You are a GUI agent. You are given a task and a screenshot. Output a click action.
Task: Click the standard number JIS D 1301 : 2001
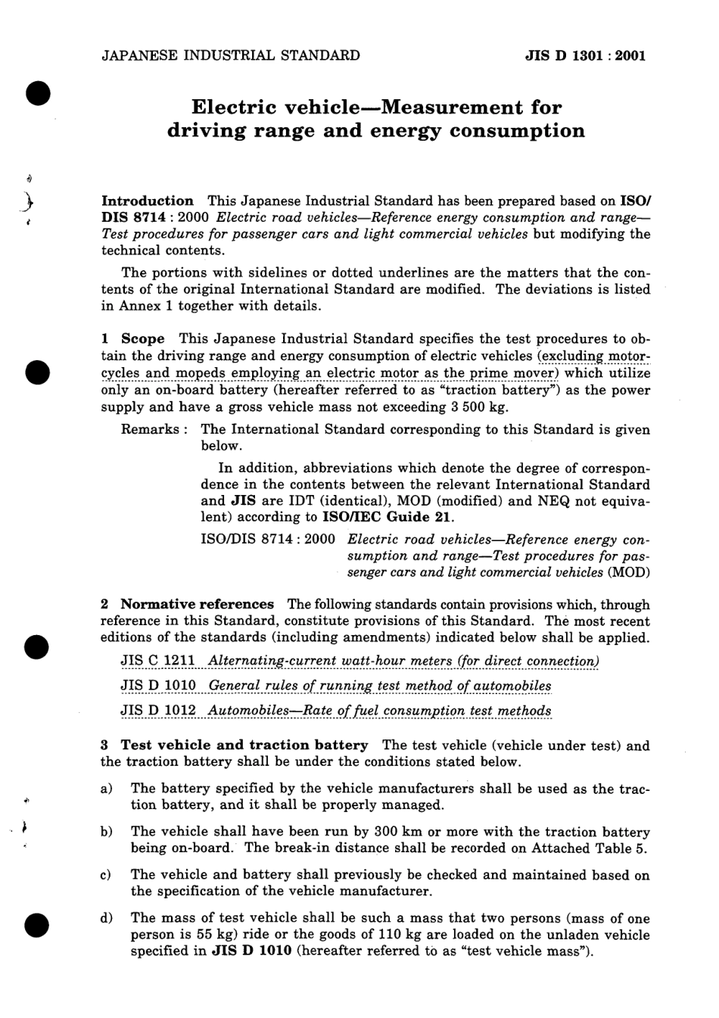point(585,55)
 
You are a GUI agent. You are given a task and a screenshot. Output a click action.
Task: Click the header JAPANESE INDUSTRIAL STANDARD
point(230,55)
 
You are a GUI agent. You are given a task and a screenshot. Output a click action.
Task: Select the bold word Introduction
point(148,201)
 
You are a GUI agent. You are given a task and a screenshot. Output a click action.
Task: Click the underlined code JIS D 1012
point(158,711)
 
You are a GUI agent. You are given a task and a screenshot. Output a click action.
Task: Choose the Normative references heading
point(197,605)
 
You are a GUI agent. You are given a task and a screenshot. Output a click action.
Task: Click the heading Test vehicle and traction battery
point(244,746)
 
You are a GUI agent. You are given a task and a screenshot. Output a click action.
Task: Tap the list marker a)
point(107,789)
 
